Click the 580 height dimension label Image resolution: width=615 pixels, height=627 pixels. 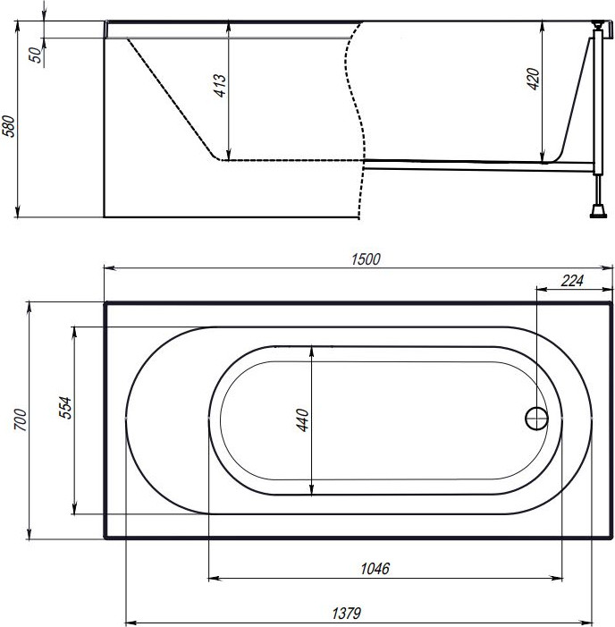pyautogui.click(x=9, y=126)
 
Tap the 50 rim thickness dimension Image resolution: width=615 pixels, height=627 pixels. pyautogui.click(x=36, y=55)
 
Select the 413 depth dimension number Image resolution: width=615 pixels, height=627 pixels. pyautogui.click(x=219, y=85)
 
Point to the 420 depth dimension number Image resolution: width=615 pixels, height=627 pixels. pyautogui.click(x=533, y=79)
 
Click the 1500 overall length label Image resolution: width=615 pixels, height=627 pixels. pyautogui.click(x=366, y=259)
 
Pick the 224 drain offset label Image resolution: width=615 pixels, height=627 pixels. pyautogui.click(x=572, y=281)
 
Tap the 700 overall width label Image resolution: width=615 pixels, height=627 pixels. pyautogui.click(x=21, y=419)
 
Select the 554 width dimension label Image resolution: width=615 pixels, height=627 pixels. pyautogui.click(x=65, y=408)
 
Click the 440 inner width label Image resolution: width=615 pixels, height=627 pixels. pyautogui.click(x=302, y=419)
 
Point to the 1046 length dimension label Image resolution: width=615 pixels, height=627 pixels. pyautogui.click(x=375, y=568)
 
